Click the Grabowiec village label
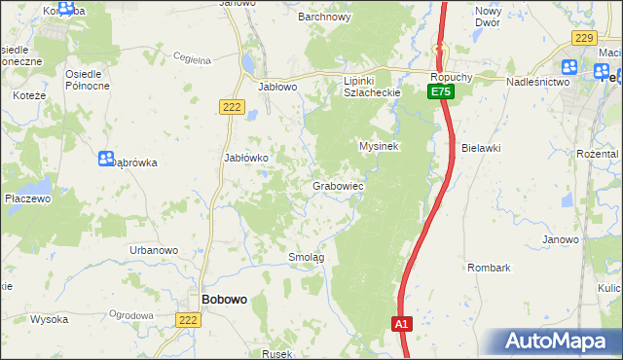coord(338,185)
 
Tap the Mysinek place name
coord(381,146)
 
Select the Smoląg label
coord(306,257)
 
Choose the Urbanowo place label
coord(154,250)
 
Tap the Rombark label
coord(489,267)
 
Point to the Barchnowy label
coord(324,17)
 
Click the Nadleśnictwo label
coord(537,83)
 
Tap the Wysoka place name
coord(49,319)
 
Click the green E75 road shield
coord(440,91)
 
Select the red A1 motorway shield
coord(403,323)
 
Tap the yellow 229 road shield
coord(584,38)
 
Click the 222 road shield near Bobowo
coord(189,319)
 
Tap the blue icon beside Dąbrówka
coord(106,158)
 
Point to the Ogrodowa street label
coord(132,315)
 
